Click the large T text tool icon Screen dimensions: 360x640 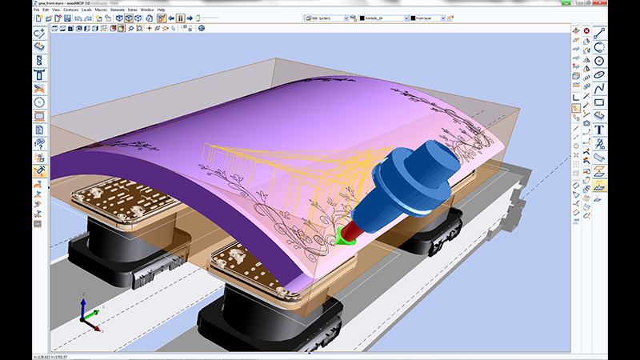599,130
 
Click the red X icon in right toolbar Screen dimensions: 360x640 586,31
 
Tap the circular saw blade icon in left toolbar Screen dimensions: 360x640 39,102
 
